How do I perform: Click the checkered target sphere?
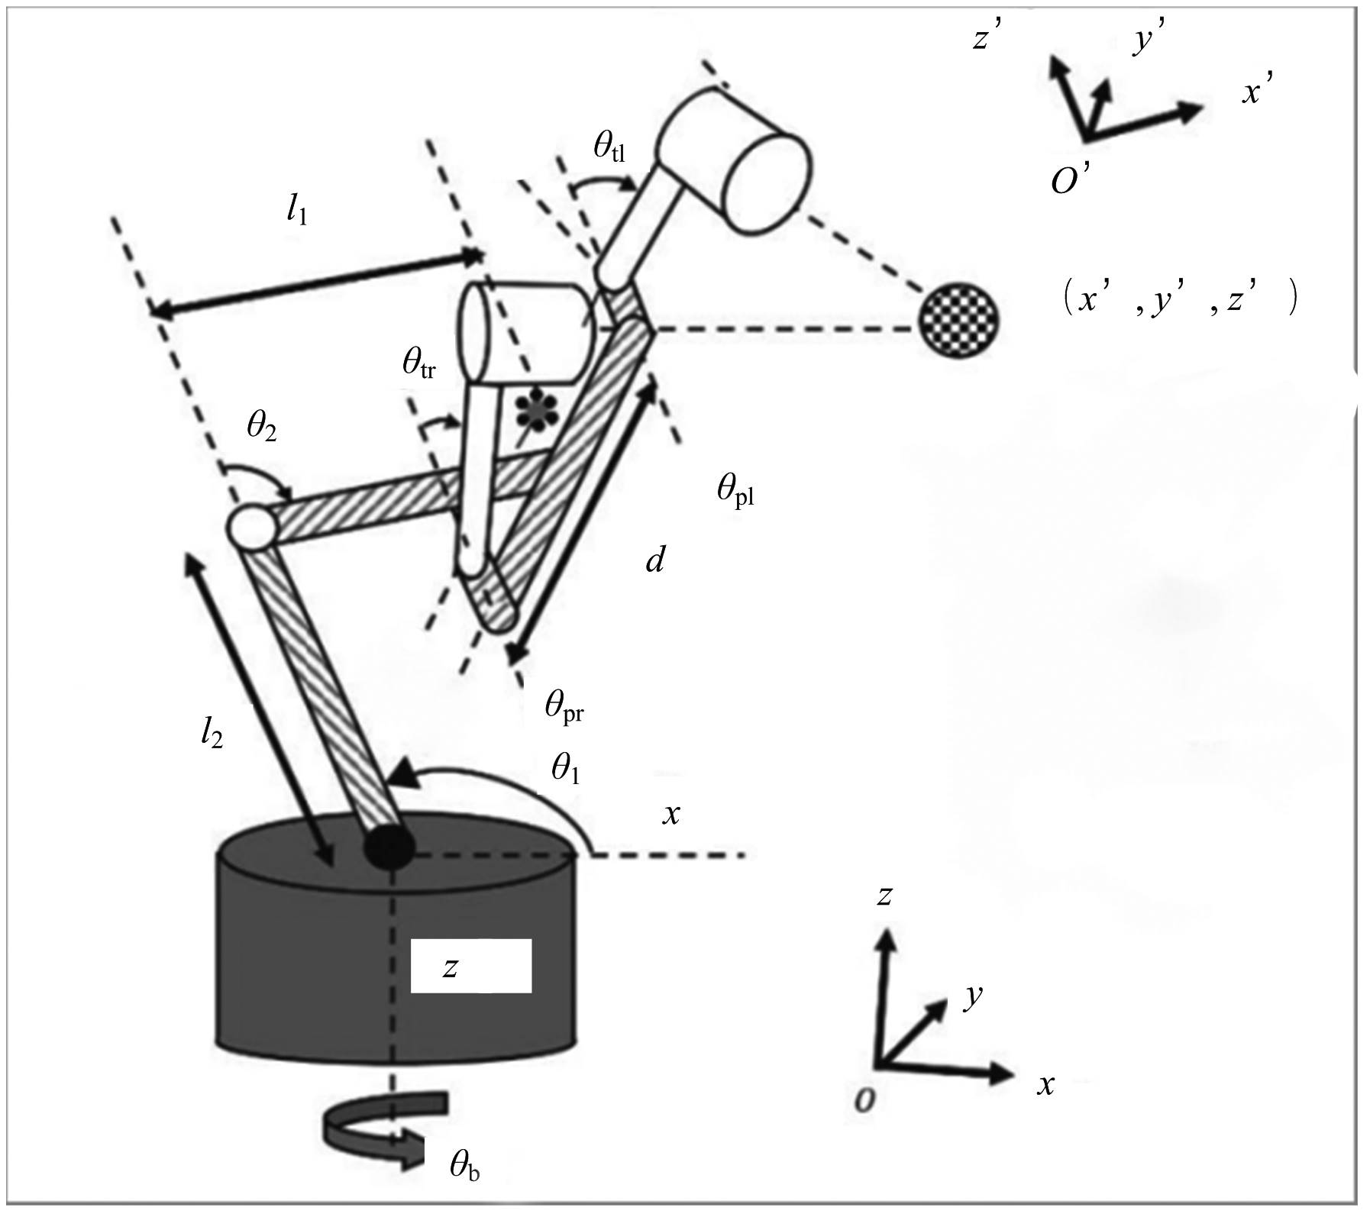click(x=959, y=318)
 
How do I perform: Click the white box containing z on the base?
click(x=470, y=966)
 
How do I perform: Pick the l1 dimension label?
click(x=297, y=211)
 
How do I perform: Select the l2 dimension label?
click(x=212, y=733)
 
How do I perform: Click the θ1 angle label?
click(x=566, y=770)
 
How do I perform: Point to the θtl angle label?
click(x=609, y=147)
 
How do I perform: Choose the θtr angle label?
click(x=419, y=364)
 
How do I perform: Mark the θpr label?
click(x=564, y=706)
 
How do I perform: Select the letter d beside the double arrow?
click(x=655, y=561)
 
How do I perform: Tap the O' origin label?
click(x=1074, y=181)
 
